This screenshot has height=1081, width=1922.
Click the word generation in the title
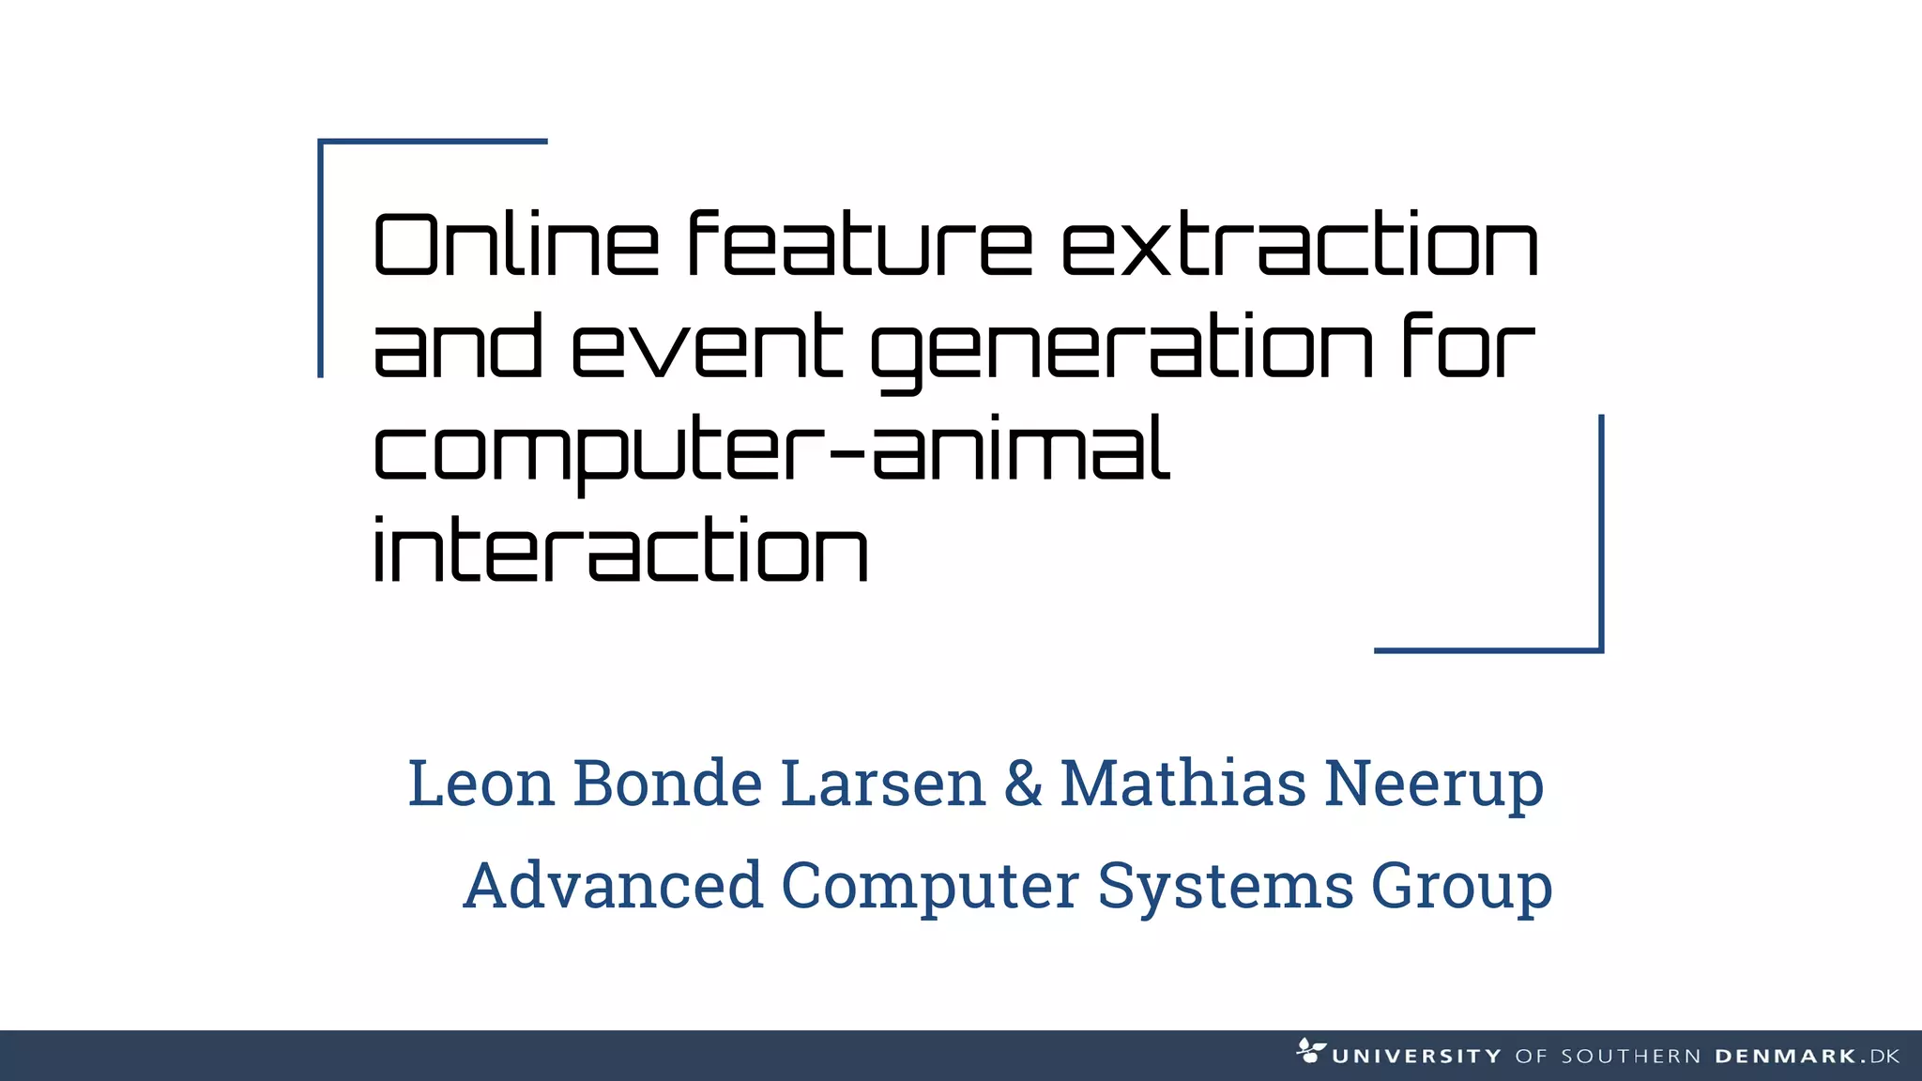point(1122,349)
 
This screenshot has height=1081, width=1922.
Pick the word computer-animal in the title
point(771,450)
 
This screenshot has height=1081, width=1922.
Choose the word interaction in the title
point(620,551)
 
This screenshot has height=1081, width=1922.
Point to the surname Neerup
point(1434,784)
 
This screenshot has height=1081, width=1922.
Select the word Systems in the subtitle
point(1225,887)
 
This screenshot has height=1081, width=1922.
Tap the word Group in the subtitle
point(1461,887)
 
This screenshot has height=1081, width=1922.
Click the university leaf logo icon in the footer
point(1310,1050)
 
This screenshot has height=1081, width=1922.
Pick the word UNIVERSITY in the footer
point(1416,1057)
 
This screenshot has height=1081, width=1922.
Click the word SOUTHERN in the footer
point(1631,1057)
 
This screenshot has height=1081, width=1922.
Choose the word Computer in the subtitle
point(930,887)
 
